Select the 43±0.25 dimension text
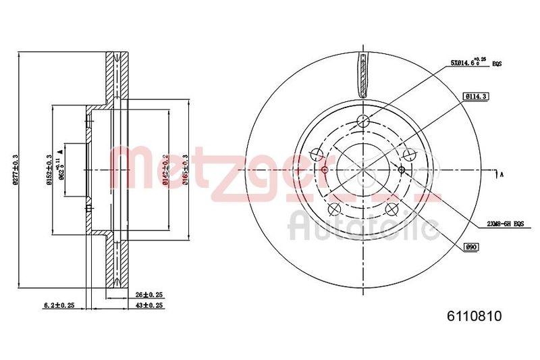coord(149,305)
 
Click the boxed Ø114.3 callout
coord(475,97)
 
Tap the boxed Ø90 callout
coord(472,248)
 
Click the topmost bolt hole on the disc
coord(363,121)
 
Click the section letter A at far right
coord(501,174)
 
